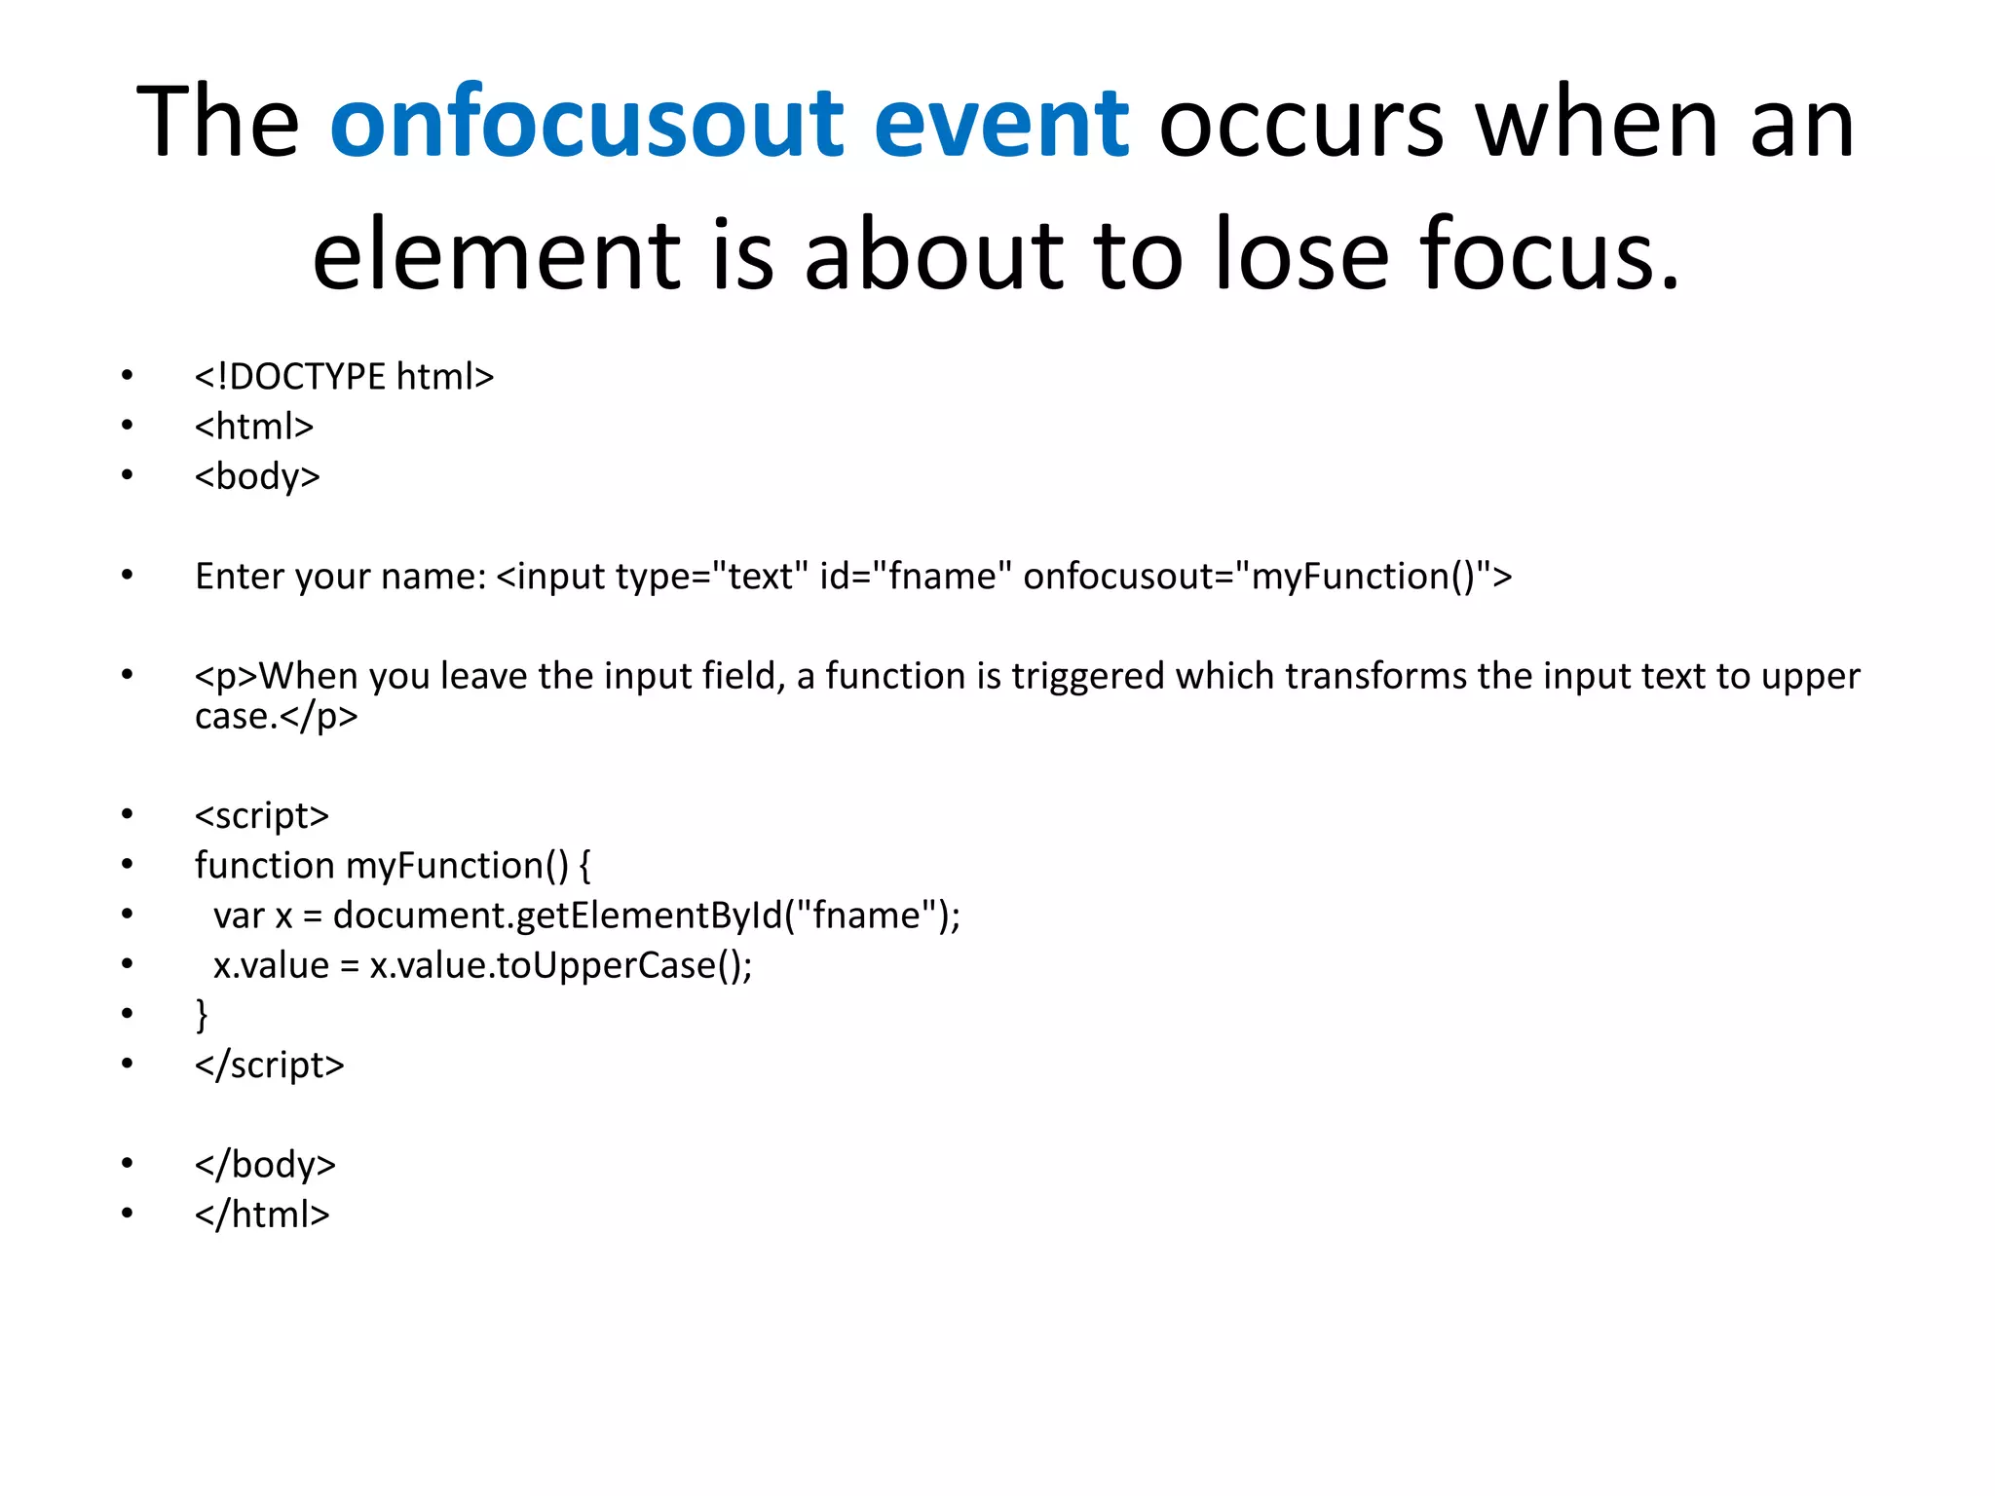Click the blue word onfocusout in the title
586,124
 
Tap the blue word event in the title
1000,124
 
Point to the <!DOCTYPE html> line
344,377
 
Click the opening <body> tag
257,476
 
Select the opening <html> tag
253,427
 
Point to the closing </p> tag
319,717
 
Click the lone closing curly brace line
202,1015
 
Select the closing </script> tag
269,1066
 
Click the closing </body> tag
265,1165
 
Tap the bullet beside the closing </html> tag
127,1214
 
